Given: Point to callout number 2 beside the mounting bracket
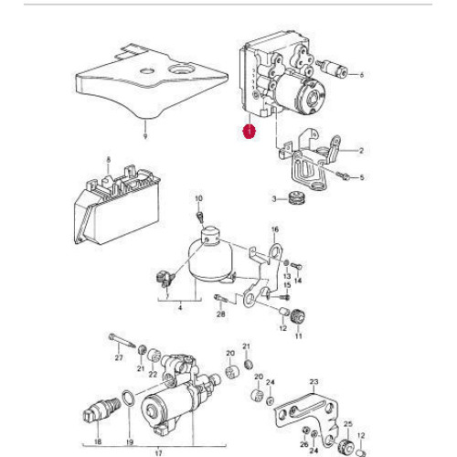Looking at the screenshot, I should (x=361, y=151).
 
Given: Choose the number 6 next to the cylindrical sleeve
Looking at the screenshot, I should (x=361, y=75).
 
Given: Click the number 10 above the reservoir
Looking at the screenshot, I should (x=198, y=197).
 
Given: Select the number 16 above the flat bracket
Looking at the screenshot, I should (x=273, y=229).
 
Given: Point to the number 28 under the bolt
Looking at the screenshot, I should (x=220, y=314).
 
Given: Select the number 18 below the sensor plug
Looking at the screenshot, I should (x=98, y=441).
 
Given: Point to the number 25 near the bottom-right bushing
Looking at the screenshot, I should (x=347, y=424).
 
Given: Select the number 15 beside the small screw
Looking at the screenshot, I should (x=287, y=284).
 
